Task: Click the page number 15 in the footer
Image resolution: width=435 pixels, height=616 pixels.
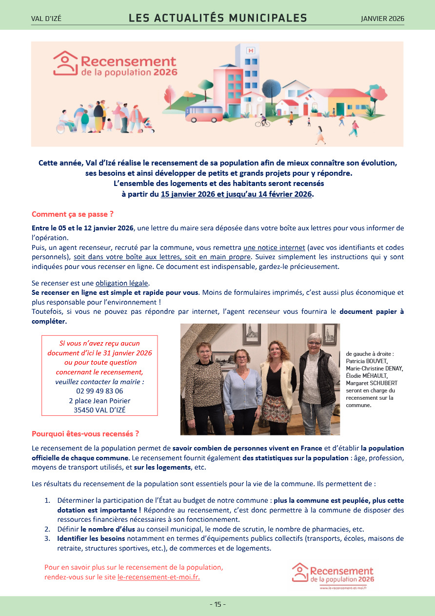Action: [217, 604]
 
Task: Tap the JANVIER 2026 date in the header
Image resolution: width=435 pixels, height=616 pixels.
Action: [382, 19]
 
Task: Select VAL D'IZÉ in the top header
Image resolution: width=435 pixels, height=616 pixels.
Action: [46, 19]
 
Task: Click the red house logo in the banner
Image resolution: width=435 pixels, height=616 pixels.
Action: [65, 63]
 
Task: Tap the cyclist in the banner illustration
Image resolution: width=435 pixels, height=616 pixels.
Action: [263, 120]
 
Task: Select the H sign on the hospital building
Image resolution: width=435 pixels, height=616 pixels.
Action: [251, 50]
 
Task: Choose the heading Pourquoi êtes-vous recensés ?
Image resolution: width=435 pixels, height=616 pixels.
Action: [85, 433]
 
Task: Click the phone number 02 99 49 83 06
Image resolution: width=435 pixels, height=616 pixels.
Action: [99, 391]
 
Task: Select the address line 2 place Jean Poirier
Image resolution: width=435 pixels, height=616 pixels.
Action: [99, 401]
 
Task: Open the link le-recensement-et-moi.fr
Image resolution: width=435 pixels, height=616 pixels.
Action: [158, 577]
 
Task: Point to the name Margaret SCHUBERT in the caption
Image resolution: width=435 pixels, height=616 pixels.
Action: [372, 383]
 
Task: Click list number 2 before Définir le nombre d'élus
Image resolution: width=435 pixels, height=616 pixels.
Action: [47, 529]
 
